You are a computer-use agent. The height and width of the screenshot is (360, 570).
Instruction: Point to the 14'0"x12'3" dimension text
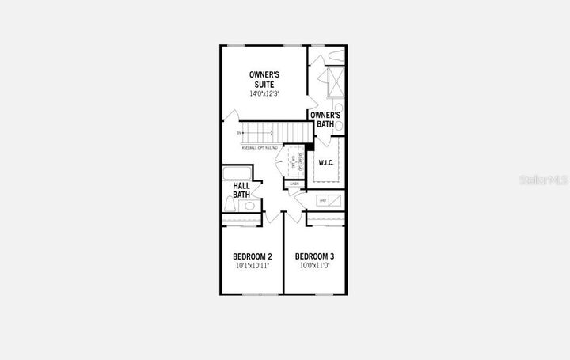pyautogui.click(x=265, y=94)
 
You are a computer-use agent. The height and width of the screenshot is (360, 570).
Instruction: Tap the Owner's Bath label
pyautogui.click(x=326, y=119)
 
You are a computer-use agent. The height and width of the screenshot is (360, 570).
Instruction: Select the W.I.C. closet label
pyautogui.click(x=326, y=163)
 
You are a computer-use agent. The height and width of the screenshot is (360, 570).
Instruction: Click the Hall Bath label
pyautogui.click(x=242, y=191)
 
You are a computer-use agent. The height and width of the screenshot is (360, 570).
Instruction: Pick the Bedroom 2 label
pyautogui.click(x=253, y=256)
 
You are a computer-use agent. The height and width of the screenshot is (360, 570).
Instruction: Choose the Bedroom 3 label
pyautogui.click(x=314, y=256)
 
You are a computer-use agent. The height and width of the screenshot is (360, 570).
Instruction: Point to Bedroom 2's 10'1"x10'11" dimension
pyautogui.click(x=253, y=267)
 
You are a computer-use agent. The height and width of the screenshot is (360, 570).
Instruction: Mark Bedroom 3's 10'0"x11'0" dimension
pyautogui.click(x=314, y=267)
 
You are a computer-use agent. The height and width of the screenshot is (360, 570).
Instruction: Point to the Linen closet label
pyautogui.click(x=294, y=184)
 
